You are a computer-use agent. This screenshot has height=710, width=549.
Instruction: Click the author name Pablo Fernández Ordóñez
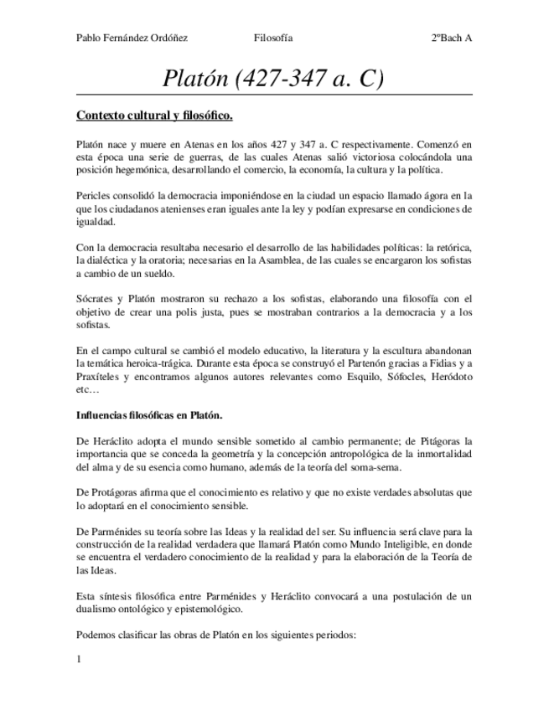click(x=132, y=38)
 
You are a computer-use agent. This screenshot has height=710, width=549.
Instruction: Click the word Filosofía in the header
click(x=273, y=38)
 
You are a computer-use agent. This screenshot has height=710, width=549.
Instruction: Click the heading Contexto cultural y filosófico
click(x=154, y=115)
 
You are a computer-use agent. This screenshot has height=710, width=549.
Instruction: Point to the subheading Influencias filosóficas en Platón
click(x=149, y=415)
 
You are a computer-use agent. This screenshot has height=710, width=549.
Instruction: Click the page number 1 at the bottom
click(x=79, y=659)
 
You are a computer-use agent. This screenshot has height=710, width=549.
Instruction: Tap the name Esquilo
click(x=361, y=378)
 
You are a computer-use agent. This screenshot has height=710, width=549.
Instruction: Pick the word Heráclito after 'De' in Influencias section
click(x=113, y=440)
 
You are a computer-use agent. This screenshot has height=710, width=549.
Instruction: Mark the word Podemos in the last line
click(x=96, y=635)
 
